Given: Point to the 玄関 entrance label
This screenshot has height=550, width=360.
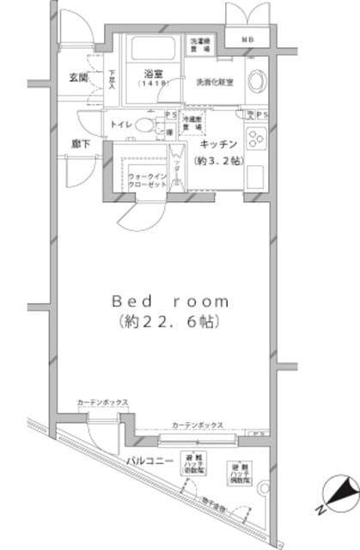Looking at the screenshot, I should point(79,77).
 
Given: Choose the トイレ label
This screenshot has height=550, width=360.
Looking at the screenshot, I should point(119,125).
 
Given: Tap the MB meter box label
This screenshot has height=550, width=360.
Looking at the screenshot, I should point(247,40).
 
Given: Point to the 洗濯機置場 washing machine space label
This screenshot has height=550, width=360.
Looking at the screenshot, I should point(199,45).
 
